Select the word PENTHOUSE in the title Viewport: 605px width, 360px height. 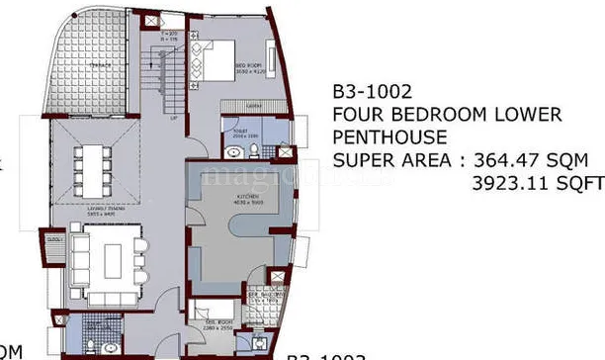pos(389,136)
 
